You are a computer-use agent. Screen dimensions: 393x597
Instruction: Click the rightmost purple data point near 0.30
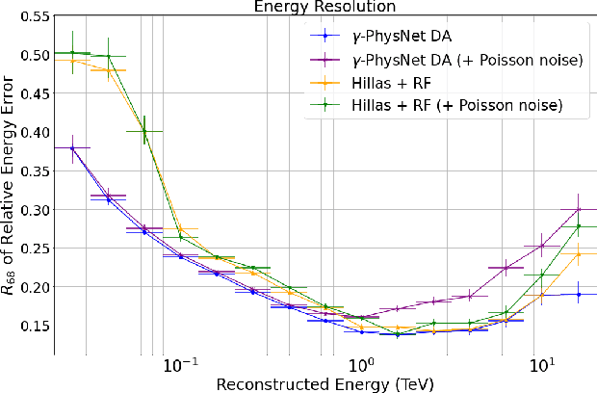(578, 209)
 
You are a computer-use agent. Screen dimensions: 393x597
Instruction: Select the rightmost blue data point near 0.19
(578, 294)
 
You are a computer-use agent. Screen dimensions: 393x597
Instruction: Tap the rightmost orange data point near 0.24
(578, 254)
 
